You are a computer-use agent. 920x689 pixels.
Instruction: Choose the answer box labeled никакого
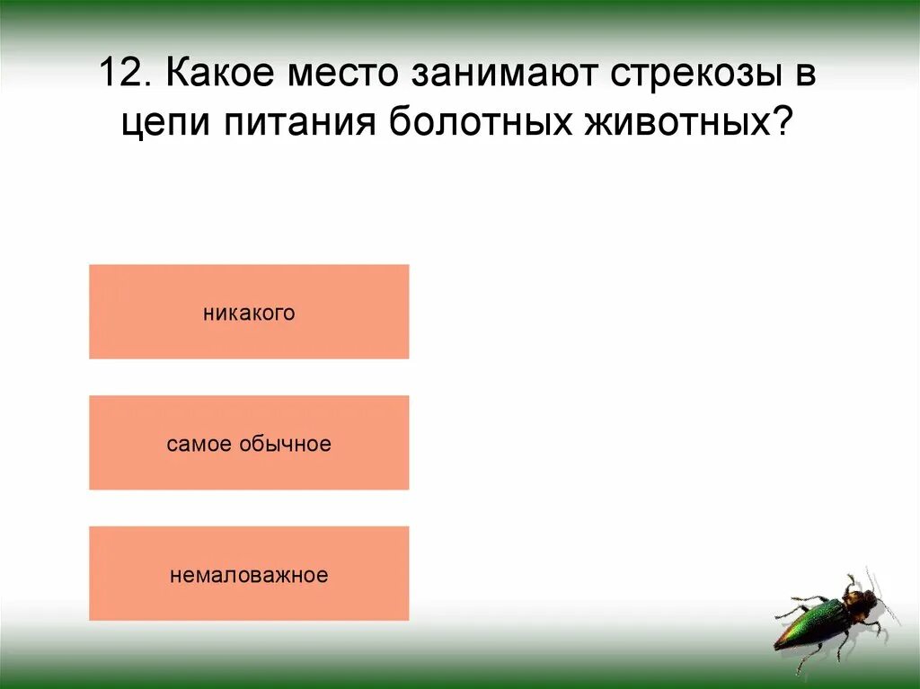pos(249,312)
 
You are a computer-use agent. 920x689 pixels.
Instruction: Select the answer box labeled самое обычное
pos(249,443)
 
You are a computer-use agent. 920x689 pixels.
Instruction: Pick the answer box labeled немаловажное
pos(249,574)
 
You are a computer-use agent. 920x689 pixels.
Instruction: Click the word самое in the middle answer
pos(199,444)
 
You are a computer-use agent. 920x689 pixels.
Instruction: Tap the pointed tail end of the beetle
pos(778,645)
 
